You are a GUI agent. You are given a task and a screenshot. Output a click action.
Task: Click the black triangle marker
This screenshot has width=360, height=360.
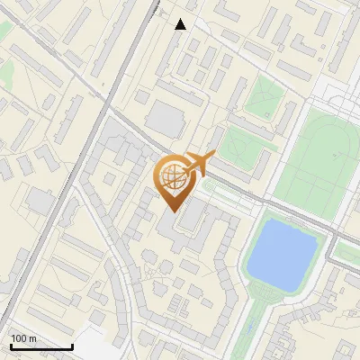click(x=181, y=24)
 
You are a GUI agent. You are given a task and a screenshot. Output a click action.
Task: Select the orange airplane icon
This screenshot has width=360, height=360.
click(x=200, y=165)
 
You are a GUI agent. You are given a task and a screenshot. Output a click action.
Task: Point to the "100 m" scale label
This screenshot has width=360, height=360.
click(x=23, y=338)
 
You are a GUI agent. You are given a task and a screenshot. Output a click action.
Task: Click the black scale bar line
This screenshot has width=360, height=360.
click(x=41, y=346)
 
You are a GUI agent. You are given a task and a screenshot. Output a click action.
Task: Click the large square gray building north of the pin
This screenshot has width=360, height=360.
click(x=164, y=119)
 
